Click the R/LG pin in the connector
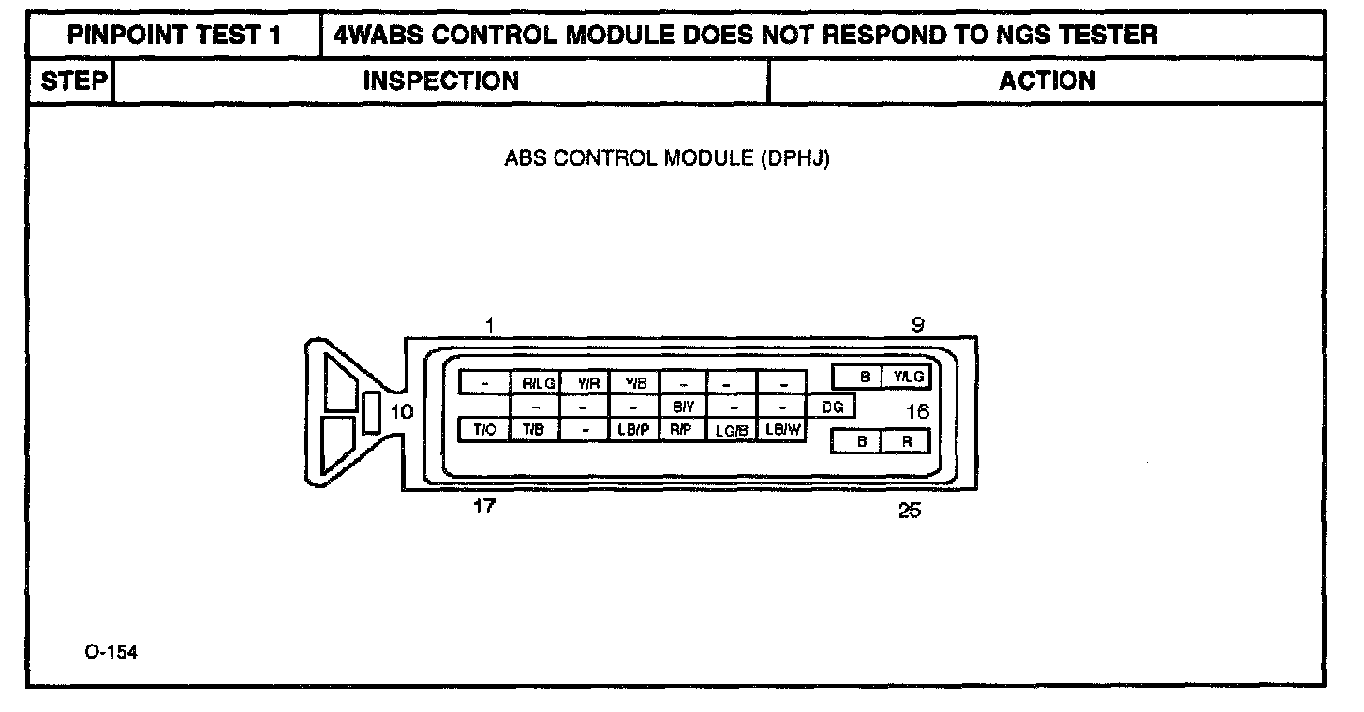click(x=538, y=382)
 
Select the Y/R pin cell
click(x=587, y=382)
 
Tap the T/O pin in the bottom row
click(x=483, y=430)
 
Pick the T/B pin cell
click(x=534, y=430)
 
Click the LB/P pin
click(x=634, y=430)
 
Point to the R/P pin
click(x=681, y=430)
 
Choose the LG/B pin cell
click(x=731, y=431)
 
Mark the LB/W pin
click(x=781, y=430)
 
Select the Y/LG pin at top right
click(x=908, y=377)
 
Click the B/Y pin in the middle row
click(x=683, y=408)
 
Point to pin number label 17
click(x=484, y=507)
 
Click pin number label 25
click(x=909, y=511)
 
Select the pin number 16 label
click(x=917, y=410)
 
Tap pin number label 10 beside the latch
click(x=401, y=411)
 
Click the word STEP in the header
click(x=72, y=81)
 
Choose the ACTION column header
click(x=1046, y=81)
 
